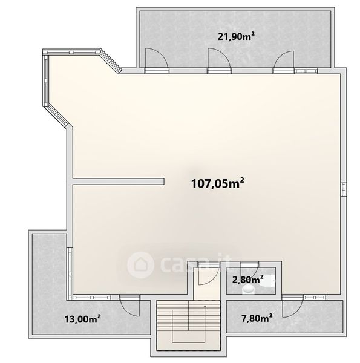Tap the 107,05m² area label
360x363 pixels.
[x=218, y=183]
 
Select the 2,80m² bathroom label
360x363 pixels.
[x=247, y=280]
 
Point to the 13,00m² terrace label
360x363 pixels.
[x=82, y=319]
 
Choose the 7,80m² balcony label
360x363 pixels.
[x=257, y=319]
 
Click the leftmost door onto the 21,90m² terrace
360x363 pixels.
[x=156, y=60]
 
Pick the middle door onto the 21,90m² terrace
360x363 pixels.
[x=219, y=60]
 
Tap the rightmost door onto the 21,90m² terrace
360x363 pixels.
[x=283, y=62]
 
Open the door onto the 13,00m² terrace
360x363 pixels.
[x=129, y=306]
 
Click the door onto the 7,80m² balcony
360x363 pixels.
[x=293, y=306]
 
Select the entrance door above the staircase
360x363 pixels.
[x=209, y=273]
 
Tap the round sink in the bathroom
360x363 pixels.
[x=248, y=289]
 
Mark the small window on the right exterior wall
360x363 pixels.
[x=344, y=189]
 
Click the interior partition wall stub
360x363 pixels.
[x=119, y=181]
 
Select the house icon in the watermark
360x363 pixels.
[x=140, y=264]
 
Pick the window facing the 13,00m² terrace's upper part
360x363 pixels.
[x=70, y=273]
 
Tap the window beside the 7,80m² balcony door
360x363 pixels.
[x=315, y=297]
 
